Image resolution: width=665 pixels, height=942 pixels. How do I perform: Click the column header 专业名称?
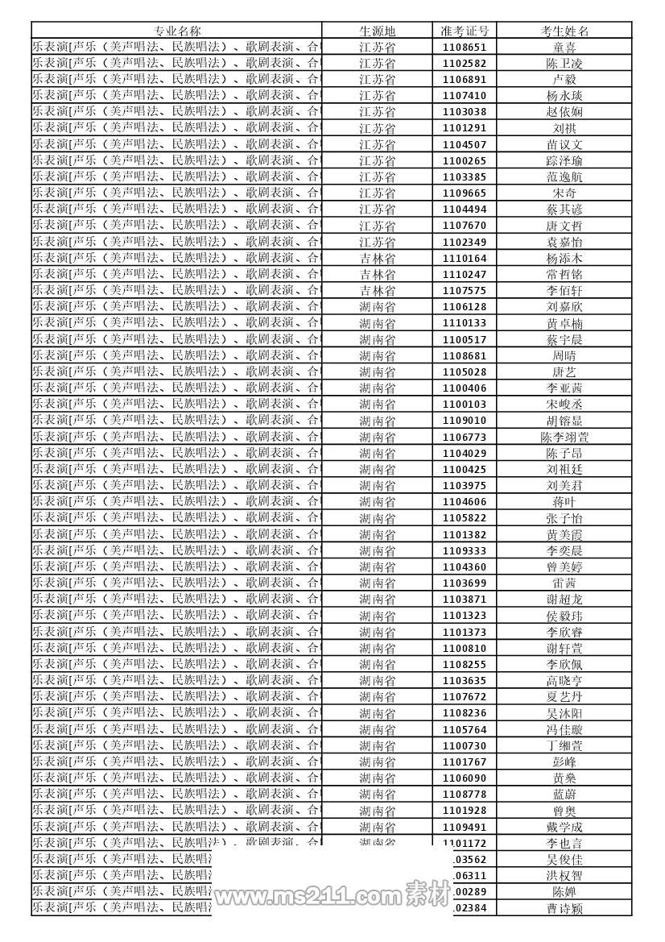point(177,31)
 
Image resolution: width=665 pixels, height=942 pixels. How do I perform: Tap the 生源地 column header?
point(377,31)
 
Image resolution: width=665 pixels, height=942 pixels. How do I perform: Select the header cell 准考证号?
point(465,31)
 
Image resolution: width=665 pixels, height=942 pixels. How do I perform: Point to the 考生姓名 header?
point(564,31)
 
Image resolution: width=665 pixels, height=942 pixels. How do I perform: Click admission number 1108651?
point(465,48)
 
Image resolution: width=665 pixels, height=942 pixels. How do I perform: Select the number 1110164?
point(465,259)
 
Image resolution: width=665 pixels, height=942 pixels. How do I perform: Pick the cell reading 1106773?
point(465,437)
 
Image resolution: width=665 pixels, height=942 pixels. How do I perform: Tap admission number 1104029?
point(465,453)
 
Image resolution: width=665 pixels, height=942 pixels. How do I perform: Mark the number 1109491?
point(465,827)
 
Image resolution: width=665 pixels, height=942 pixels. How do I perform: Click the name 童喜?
point(564,48)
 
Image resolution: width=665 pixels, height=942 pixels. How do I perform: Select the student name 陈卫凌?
point(564,64)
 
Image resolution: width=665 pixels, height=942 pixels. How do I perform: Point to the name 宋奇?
point(564,193)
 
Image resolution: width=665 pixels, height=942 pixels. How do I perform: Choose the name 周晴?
point(564,355)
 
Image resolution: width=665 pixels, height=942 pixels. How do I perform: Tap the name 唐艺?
point(564,371)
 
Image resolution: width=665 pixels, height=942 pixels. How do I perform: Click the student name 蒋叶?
point(564,501)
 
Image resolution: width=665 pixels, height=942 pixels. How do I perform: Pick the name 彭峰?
point(564,761)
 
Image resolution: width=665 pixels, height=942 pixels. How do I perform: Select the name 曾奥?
point(564,811)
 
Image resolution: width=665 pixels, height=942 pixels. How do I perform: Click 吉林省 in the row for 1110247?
point(377,275)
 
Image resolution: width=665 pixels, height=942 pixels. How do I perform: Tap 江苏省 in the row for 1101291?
point(377,128)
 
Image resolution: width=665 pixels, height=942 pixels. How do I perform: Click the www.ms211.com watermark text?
point(306,897)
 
